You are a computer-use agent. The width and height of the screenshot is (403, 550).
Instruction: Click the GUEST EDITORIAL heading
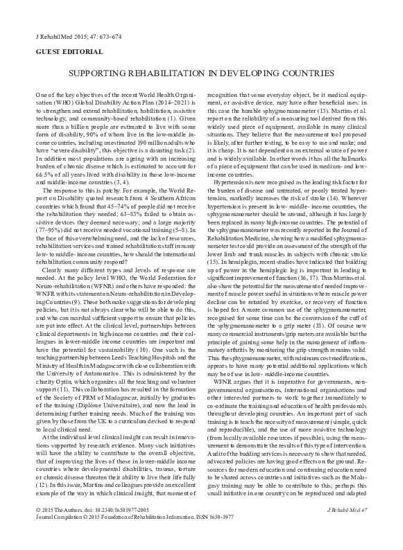pyautogui.click(x=60, y=53)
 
